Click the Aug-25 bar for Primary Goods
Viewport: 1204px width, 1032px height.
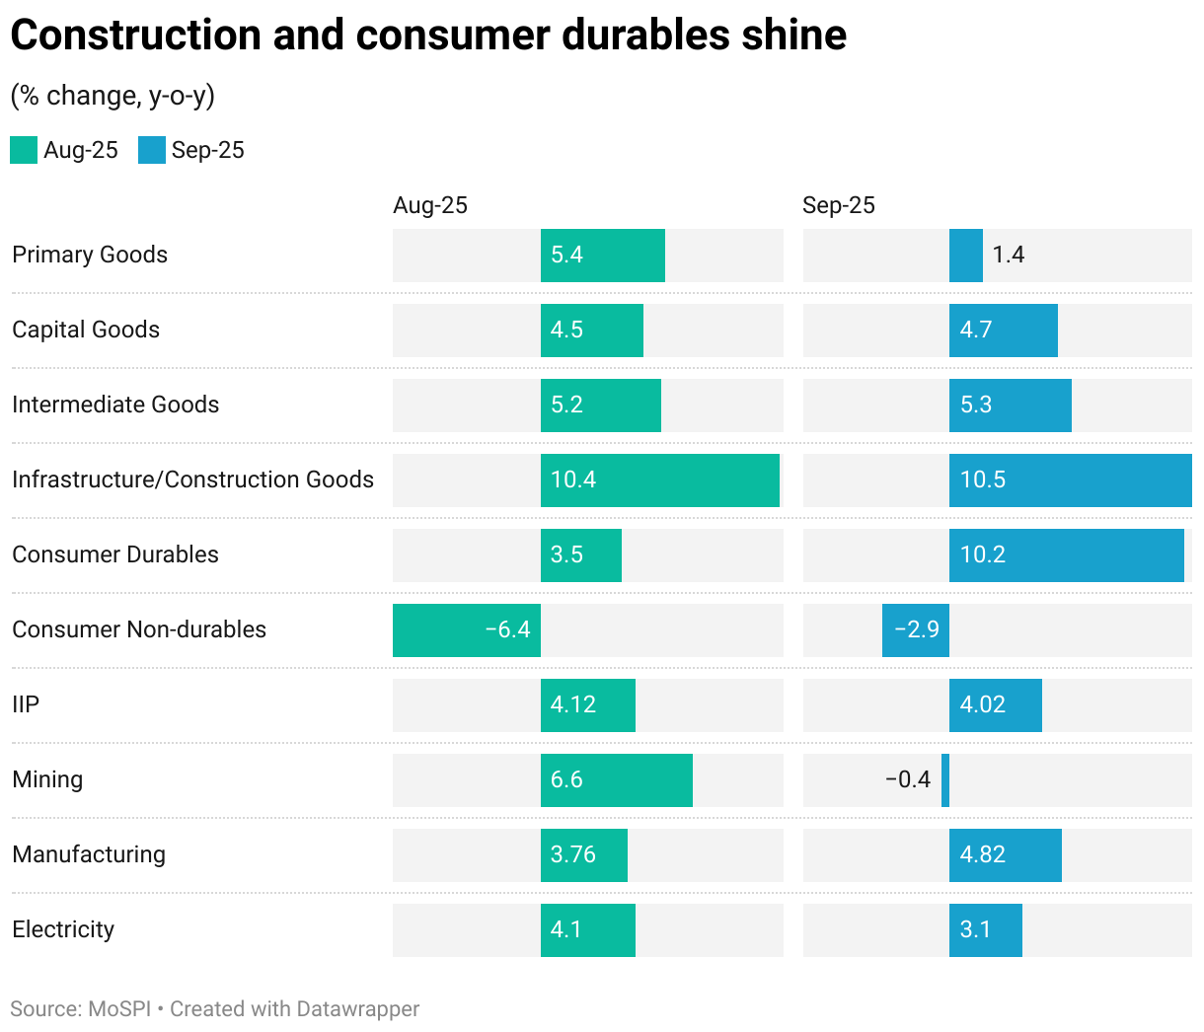coord(602,256)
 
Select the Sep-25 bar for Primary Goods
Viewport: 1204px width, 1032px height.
coord(965,256)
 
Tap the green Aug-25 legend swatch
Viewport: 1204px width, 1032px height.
coord(24,150)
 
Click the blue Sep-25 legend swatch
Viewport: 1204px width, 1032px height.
coord(152,150)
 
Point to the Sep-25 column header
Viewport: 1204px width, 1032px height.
coord(838,205)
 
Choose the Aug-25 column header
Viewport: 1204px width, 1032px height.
coord(429,205)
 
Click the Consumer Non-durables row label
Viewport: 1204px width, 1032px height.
coord(139,629)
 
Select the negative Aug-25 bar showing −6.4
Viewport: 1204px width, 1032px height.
coord(466,630)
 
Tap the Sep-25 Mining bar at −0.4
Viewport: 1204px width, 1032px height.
coord(945,780)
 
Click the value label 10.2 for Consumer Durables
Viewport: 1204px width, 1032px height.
coord(983,554)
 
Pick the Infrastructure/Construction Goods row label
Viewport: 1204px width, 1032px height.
coord(192,479)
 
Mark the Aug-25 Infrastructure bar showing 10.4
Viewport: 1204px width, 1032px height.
coord(659,480)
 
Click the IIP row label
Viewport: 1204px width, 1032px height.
coord(26,704)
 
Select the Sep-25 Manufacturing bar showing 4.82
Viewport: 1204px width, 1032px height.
coord(1005,855)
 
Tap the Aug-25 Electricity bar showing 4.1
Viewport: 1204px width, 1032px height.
coord(587,930)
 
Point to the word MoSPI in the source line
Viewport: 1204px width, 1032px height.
coord(119,1009)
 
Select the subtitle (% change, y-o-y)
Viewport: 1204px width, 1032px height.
coord(113,96)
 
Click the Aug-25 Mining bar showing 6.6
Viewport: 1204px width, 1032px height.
coord(616,780)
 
